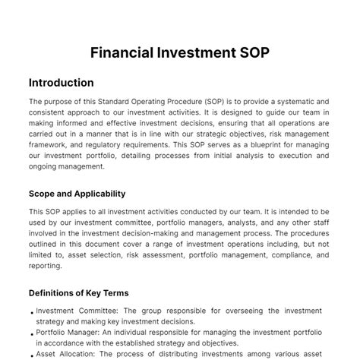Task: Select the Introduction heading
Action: click(x=61, y=83)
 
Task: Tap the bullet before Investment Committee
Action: click(x=32, y=312)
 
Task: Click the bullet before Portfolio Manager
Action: click(x=32, y=333)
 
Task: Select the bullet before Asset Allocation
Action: click(x=32, y=355)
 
